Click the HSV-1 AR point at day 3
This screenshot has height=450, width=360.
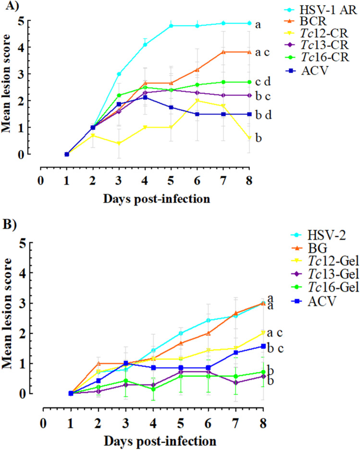[119, 74]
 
